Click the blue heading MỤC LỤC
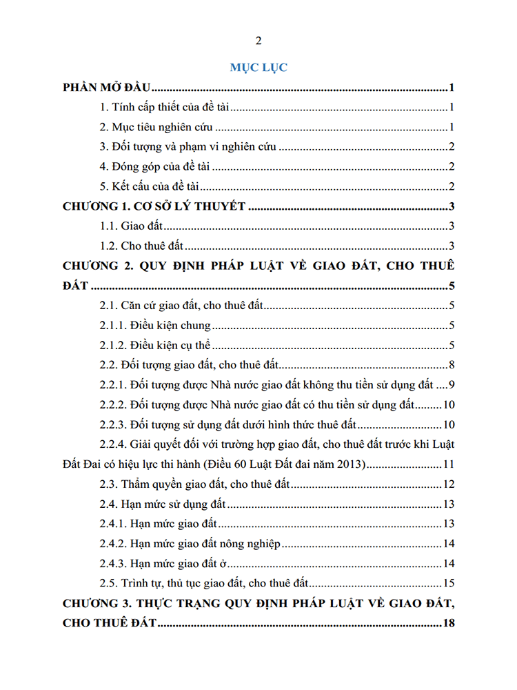tap(258, 68)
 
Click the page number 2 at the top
tap(258, 40)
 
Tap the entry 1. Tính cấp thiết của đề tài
tap(166, 108)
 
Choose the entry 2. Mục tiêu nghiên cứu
tap(156, 127)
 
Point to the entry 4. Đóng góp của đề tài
tap(155, 166)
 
